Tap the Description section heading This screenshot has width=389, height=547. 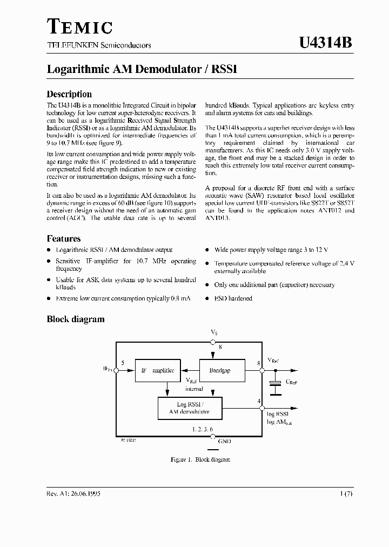(x=69, y=94)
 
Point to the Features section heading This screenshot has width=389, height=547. (x=64, y=238)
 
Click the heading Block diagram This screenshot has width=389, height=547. (x=76, y=319)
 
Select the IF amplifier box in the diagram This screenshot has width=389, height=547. (x=157, y=371)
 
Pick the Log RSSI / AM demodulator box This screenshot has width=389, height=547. (x=190, y=408)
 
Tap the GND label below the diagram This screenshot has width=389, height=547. (x=225, y=442)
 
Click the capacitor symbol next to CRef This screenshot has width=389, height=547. (x=276, y=383)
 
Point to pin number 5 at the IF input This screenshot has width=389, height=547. (x=123, y=363)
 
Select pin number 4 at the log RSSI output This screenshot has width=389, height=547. (x=259, y=401)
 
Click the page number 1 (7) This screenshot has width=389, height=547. (x=346, y=494)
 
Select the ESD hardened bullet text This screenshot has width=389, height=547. (x=233, y=298)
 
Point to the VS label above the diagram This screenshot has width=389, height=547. (x=214, y=331)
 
